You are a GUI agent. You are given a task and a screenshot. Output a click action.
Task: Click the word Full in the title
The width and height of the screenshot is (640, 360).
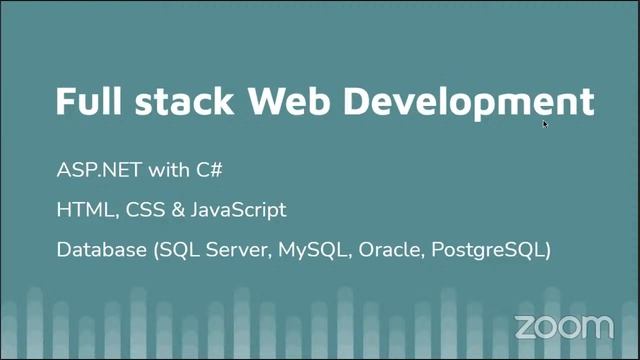click(x=88, y=101)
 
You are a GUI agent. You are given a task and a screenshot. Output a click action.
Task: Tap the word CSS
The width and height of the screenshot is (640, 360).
click(x=137, y=210)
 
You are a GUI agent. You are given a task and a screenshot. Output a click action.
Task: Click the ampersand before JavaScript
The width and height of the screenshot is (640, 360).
click(x=172, y=210)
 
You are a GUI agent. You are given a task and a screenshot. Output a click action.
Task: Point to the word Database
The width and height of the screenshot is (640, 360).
click(x=101, y=250)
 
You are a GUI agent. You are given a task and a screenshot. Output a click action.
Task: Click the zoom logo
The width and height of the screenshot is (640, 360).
click(x=563, y=326)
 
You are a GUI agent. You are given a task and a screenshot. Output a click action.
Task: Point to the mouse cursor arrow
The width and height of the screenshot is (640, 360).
click(x=545, y=124)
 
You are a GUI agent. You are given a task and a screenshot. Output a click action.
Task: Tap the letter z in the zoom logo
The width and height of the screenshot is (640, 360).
click(x=524, y=327)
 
